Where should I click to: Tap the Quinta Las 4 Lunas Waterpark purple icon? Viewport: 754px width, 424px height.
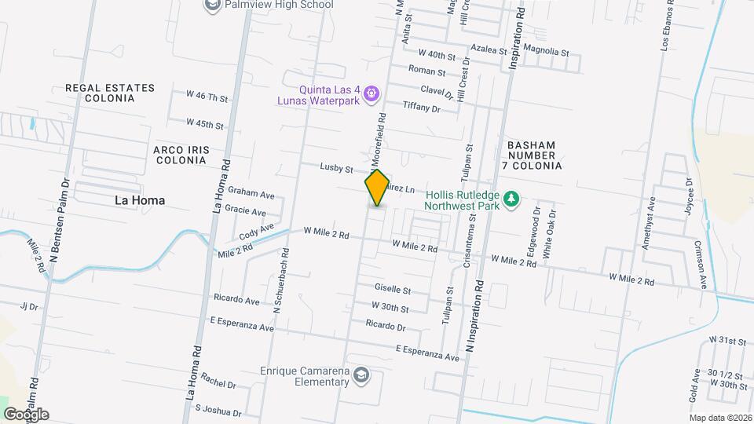click(x=372, y=95)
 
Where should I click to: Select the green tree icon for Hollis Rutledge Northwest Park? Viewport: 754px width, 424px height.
click(x=511, y=199)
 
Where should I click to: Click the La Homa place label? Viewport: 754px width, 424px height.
click(x=140, y=200)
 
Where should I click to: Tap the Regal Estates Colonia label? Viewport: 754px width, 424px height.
click(x=110, y=93)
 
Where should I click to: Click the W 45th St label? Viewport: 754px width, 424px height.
click(x=205, y=124)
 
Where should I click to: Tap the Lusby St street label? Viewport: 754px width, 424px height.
click(x=337, y=166)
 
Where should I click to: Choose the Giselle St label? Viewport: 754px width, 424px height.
click(x=393, y=290)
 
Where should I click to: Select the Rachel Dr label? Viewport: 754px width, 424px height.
click(x=218, y=385)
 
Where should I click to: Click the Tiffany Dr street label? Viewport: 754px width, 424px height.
click(x=421, y=108)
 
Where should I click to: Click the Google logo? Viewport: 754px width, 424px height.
click(x=26, y=415)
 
